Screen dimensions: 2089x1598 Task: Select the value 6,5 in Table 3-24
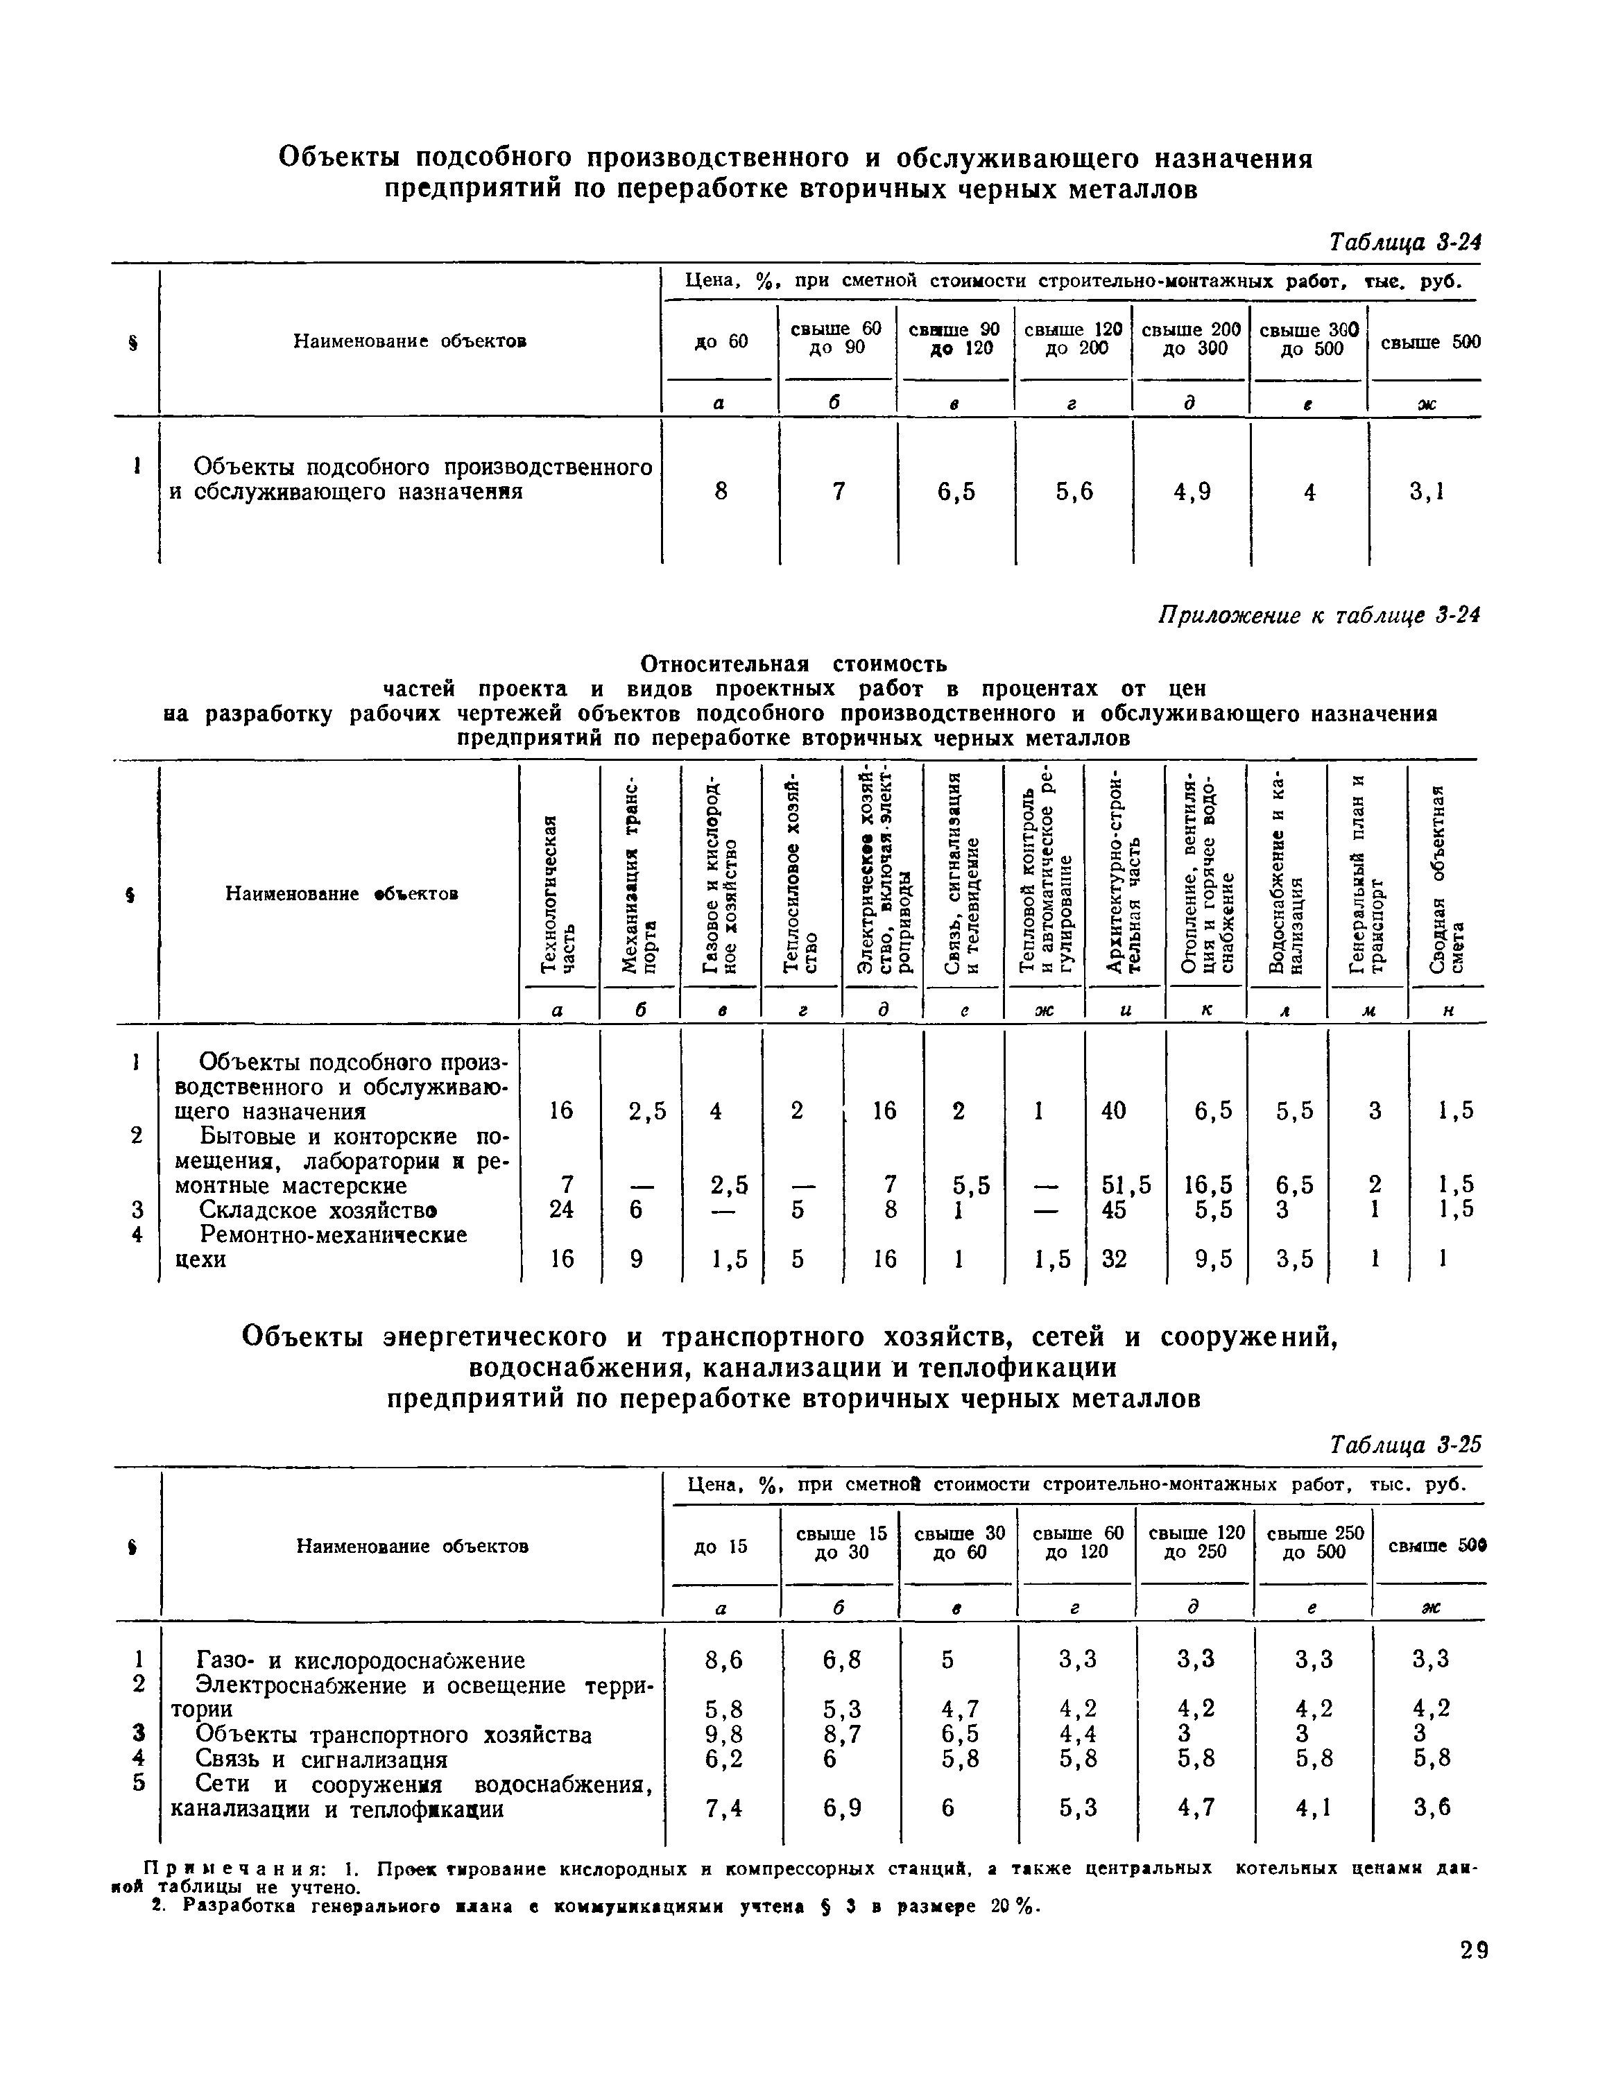pyautogui.click(x=955, y=491)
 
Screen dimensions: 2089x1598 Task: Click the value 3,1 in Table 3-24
pyautogui.click(x=1426, y=491)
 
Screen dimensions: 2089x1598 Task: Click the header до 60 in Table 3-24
pyautogui.click(x=721, y=341)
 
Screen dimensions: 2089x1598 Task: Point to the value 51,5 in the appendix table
pyautogui.click(x=1125, y=1185)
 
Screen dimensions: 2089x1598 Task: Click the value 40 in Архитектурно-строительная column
pyautogui.click(x=1113, y=1110)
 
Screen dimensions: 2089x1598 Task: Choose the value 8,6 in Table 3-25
pyautogui.click(x=722, y=1660)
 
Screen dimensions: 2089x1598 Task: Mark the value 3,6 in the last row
pyautogui.click(x=1431, y=1808)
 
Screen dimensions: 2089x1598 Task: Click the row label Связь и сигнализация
pyautogui.click(x=320, y=1759)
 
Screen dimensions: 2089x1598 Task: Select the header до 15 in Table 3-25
pyautogui.click(x=721, y=1546)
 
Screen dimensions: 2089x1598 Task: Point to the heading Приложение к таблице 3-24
pyautogui.click(x=1318, y=617)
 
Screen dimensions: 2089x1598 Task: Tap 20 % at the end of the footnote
pyautogui.click(x=1015, y=1907)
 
